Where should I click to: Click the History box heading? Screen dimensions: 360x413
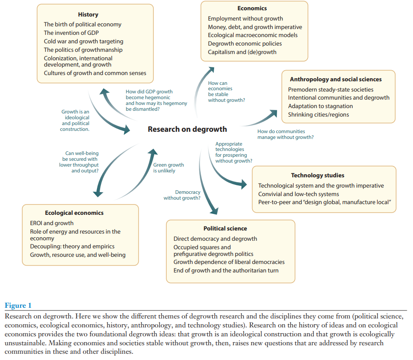[88, 15]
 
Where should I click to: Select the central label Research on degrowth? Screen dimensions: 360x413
[187, 129]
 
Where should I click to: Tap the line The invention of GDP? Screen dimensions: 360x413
[71, 33]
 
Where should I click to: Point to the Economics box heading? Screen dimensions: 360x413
[252, 8]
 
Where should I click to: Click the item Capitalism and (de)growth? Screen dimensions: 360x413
[242, 52]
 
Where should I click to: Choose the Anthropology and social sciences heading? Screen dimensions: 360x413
[336, 79]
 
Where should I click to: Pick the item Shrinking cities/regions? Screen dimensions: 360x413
[318, 114]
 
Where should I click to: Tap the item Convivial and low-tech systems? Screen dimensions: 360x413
[298, 194]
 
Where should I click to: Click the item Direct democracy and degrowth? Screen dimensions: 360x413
[215, 239]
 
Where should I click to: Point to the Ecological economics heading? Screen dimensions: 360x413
[74, 213]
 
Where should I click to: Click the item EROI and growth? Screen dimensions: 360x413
[52, 223]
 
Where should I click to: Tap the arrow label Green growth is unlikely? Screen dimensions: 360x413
[168, 167]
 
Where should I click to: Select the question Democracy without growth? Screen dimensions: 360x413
[181, 195]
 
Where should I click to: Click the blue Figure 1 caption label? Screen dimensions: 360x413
[18, 306]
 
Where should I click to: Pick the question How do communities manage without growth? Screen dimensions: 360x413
[285, 134]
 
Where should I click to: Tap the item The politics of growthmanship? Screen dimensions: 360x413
[83, 50]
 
